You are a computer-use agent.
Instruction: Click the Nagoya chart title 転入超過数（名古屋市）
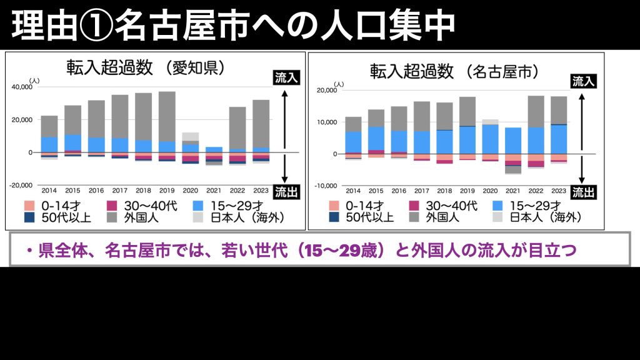454,71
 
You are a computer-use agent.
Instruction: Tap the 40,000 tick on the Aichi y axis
22,87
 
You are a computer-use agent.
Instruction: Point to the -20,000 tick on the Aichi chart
22,185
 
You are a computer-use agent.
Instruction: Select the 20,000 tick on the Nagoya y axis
327,91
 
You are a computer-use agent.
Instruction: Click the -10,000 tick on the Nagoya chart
327,186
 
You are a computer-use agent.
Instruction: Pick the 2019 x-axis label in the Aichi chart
167,190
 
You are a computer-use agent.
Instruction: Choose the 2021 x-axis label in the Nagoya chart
513,191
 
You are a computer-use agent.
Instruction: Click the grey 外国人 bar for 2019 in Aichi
167,116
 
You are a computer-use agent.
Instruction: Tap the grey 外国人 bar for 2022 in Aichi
237,127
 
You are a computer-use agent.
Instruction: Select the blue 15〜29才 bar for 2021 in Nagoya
513,141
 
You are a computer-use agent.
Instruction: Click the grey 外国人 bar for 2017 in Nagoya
422,116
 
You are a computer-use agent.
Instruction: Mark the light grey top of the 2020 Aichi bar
190,137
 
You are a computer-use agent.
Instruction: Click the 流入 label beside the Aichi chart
287,77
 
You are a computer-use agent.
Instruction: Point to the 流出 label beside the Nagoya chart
583,192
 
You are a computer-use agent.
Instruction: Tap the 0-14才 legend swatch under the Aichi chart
29,205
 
